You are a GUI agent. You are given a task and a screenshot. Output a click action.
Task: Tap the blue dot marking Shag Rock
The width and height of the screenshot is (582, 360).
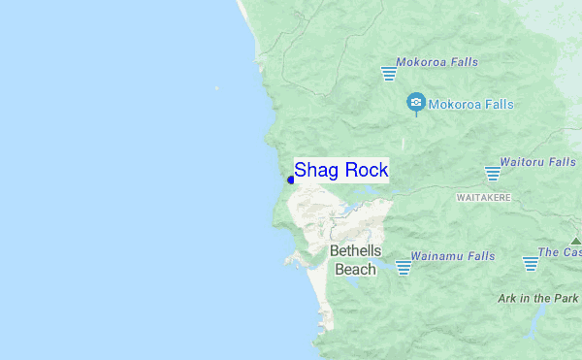291,180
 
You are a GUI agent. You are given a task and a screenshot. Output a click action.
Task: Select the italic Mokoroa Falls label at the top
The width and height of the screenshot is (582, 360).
436,62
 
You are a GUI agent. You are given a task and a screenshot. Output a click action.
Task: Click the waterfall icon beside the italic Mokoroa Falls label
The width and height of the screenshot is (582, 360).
390,74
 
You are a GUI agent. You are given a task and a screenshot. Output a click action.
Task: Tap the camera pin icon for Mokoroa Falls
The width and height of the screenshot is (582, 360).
416,102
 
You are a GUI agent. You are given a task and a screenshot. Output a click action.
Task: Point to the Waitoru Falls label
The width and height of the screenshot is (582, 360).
537,161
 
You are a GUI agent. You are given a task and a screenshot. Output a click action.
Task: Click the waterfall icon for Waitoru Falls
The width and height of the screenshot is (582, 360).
493,175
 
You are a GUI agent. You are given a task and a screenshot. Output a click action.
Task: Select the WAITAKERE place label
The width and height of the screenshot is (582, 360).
482,197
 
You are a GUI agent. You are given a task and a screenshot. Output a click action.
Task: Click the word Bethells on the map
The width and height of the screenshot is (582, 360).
356,251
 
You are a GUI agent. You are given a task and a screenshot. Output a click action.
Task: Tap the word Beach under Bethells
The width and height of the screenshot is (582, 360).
355,269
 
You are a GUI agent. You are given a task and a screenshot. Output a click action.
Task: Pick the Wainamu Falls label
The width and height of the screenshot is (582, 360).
453,256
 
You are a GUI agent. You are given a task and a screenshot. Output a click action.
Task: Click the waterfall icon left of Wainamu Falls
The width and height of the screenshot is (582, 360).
403,268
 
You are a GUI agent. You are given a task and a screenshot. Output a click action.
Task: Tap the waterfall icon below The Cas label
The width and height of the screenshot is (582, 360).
531,263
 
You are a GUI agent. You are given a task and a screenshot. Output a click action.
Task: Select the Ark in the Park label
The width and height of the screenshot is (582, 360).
538,298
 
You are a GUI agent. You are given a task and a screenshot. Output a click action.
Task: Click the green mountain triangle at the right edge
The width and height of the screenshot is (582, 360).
576,241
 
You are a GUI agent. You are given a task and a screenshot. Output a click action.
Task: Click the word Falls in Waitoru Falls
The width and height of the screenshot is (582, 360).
560,161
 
